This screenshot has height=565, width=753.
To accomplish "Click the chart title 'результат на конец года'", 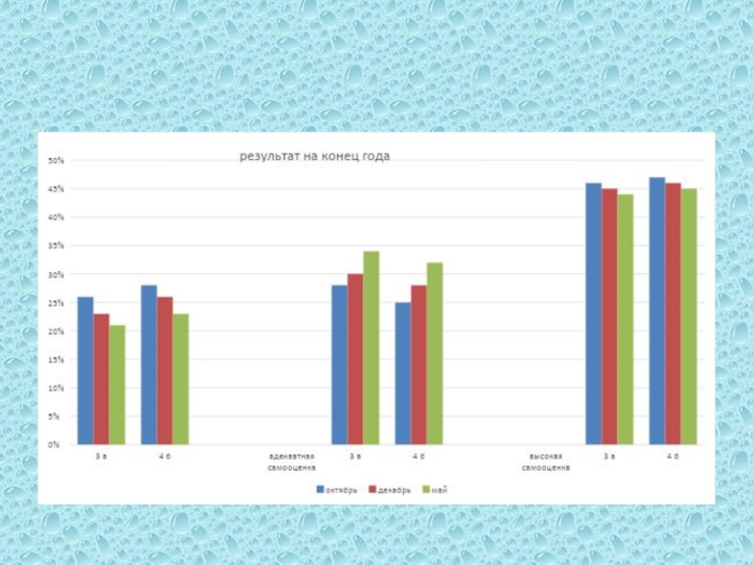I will [x=314, y=156].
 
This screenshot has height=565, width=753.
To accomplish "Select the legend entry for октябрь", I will [x=337, y=490].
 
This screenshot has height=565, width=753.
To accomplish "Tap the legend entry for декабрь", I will [x=390, y=490].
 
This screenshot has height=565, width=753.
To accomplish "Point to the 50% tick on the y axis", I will [x=56, y=161].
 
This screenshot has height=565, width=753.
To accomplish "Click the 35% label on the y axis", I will [x=56, y=246].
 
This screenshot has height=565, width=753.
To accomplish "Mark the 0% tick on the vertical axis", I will [x=57, y=444].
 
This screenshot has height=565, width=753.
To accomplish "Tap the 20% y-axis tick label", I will [x=56, y=331].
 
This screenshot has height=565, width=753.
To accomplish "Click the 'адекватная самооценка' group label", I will [x=292, y=461].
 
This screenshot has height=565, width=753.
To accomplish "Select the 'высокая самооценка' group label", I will [x=546, y=461].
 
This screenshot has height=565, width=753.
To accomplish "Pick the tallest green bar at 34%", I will [x=371, y=347].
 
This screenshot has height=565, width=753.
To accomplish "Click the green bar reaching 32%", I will [x=434, y=353].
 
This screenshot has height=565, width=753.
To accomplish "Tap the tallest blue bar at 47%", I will [x=657, y=311].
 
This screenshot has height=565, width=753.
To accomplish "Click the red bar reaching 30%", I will [x=355, y=359].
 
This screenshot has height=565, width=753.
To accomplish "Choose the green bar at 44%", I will [x=626, y=319].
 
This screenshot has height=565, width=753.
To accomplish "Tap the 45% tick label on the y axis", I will [x=56, y=189].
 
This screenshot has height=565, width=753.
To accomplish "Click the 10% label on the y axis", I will [x=56, y=387].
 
